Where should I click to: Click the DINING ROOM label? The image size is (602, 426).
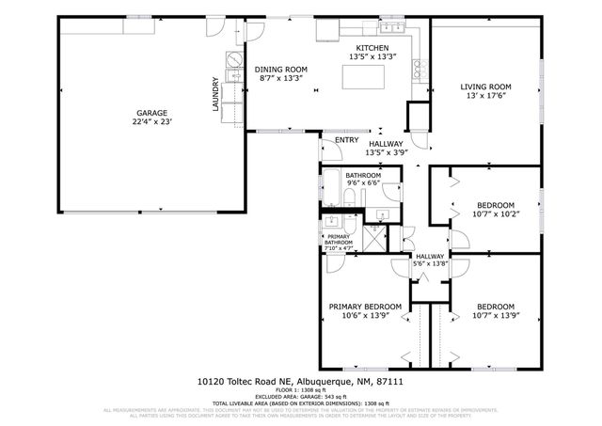tap(281, 70)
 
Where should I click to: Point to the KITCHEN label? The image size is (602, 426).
tap(372, 48)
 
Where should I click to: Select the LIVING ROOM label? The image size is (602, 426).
tap(485, 87)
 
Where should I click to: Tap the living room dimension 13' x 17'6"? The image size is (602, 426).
tap(485, 96)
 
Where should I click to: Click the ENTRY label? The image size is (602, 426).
tap(333, 141)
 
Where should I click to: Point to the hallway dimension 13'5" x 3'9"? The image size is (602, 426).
tap(386, 151)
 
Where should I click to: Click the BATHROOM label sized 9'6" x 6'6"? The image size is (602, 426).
tap(363, 175)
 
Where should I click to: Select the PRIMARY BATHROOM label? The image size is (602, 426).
tap(339, 241)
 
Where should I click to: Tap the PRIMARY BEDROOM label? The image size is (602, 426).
tap(365, 307)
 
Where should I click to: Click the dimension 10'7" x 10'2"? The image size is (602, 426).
tap(495, 213)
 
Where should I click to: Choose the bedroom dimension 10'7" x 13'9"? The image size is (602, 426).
tap(495, 315)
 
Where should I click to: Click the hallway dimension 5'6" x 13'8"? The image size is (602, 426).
tap(430, 264)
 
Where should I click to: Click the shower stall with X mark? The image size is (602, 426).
tap(372, 235)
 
